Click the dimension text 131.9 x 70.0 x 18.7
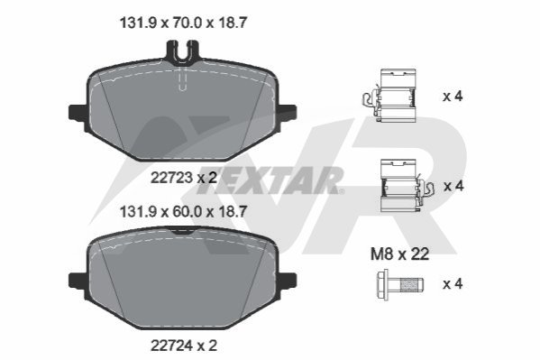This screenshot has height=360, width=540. [x=183, y=23]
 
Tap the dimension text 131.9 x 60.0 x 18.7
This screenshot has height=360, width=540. [x=183, y=211]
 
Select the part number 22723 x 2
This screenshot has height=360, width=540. [x=184, y=178]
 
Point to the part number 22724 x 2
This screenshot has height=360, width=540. [x=184, y=346]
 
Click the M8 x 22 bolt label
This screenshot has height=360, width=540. [x=399, y=254]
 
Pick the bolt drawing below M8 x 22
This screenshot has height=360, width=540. [x=400, y=285]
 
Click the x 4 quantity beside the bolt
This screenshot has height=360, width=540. [x=453, y=284]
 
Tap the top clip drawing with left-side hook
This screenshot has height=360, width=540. [x=389, y=96]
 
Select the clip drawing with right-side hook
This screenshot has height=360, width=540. [x=407, y=186]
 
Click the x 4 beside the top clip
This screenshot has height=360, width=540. [x=453, y=97]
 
